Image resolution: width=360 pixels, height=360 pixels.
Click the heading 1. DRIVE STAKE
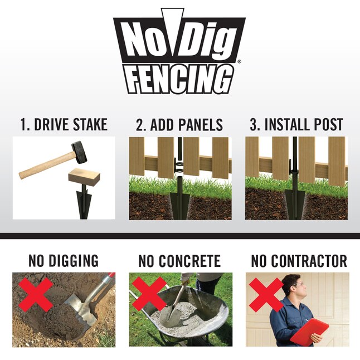(x=64, y=124)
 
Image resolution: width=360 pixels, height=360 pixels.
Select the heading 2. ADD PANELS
(x=179, y=124)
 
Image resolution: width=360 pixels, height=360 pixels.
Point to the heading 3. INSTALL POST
(x=296, y=124)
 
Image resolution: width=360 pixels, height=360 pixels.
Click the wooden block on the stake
(x=84, y=180)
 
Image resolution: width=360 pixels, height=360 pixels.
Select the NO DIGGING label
(x=64, y=261)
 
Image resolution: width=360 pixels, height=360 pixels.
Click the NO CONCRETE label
(x=179, y=261)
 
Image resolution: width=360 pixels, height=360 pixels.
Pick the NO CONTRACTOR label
(x=299, y=261)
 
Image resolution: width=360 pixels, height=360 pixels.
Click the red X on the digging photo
(x=36, y=294)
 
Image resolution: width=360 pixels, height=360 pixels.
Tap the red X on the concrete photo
(x=150, y=294)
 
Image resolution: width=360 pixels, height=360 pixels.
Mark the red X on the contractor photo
(x=266, y=294)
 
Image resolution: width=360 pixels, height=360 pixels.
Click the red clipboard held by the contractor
(x=310, y=332)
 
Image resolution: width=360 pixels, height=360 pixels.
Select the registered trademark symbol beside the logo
(x=239, y=62)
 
